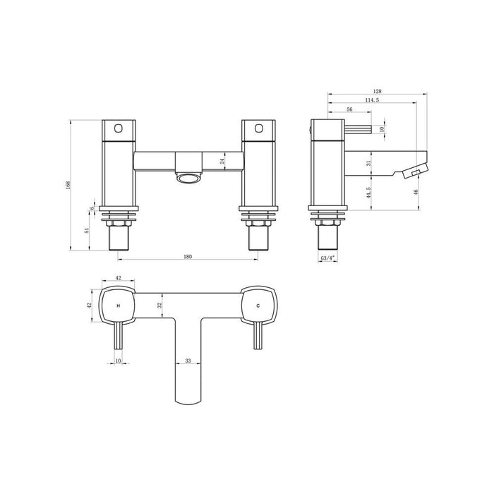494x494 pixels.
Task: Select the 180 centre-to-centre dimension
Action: (x=188, y=256)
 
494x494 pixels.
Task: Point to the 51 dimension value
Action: (x=87, y=230)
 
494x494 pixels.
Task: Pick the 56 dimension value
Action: (x=349, y=109)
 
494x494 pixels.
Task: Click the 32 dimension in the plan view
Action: (x=159, y=305)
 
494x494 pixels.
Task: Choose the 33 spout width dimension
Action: (x=188, y=360)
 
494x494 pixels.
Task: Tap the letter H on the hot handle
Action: (x=117, y=306)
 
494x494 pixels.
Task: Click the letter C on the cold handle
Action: (x=258, y=306)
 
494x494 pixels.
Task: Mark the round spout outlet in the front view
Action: (x=188, y=178)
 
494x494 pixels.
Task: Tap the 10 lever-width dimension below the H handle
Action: (x=117, y=360)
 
